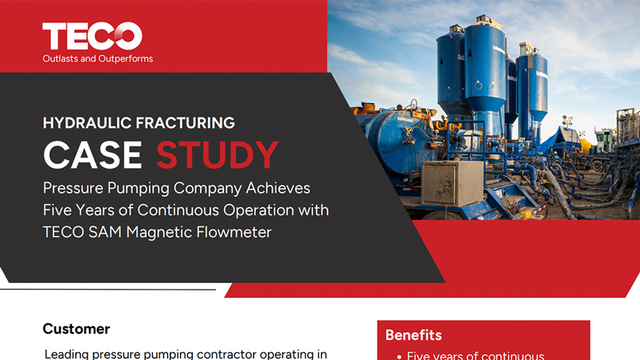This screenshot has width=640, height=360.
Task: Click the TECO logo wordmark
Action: pyautogui.click(x=92, y=36)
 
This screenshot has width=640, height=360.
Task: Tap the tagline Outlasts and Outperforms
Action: pyautogui.click(x=98, y=58)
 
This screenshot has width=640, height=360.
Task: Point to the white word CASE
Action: pyautogui.click(x=93, y=155)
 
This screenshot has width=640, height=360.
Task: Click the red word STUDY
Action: pyautogui.click(x=217, y=155)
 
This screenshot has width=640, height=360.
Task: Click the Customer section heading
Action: pyautogui.click(x=76, y=329)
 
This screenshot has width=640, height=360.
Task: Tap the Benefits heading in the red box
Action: pyautogui.click(x=414, y=335)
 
